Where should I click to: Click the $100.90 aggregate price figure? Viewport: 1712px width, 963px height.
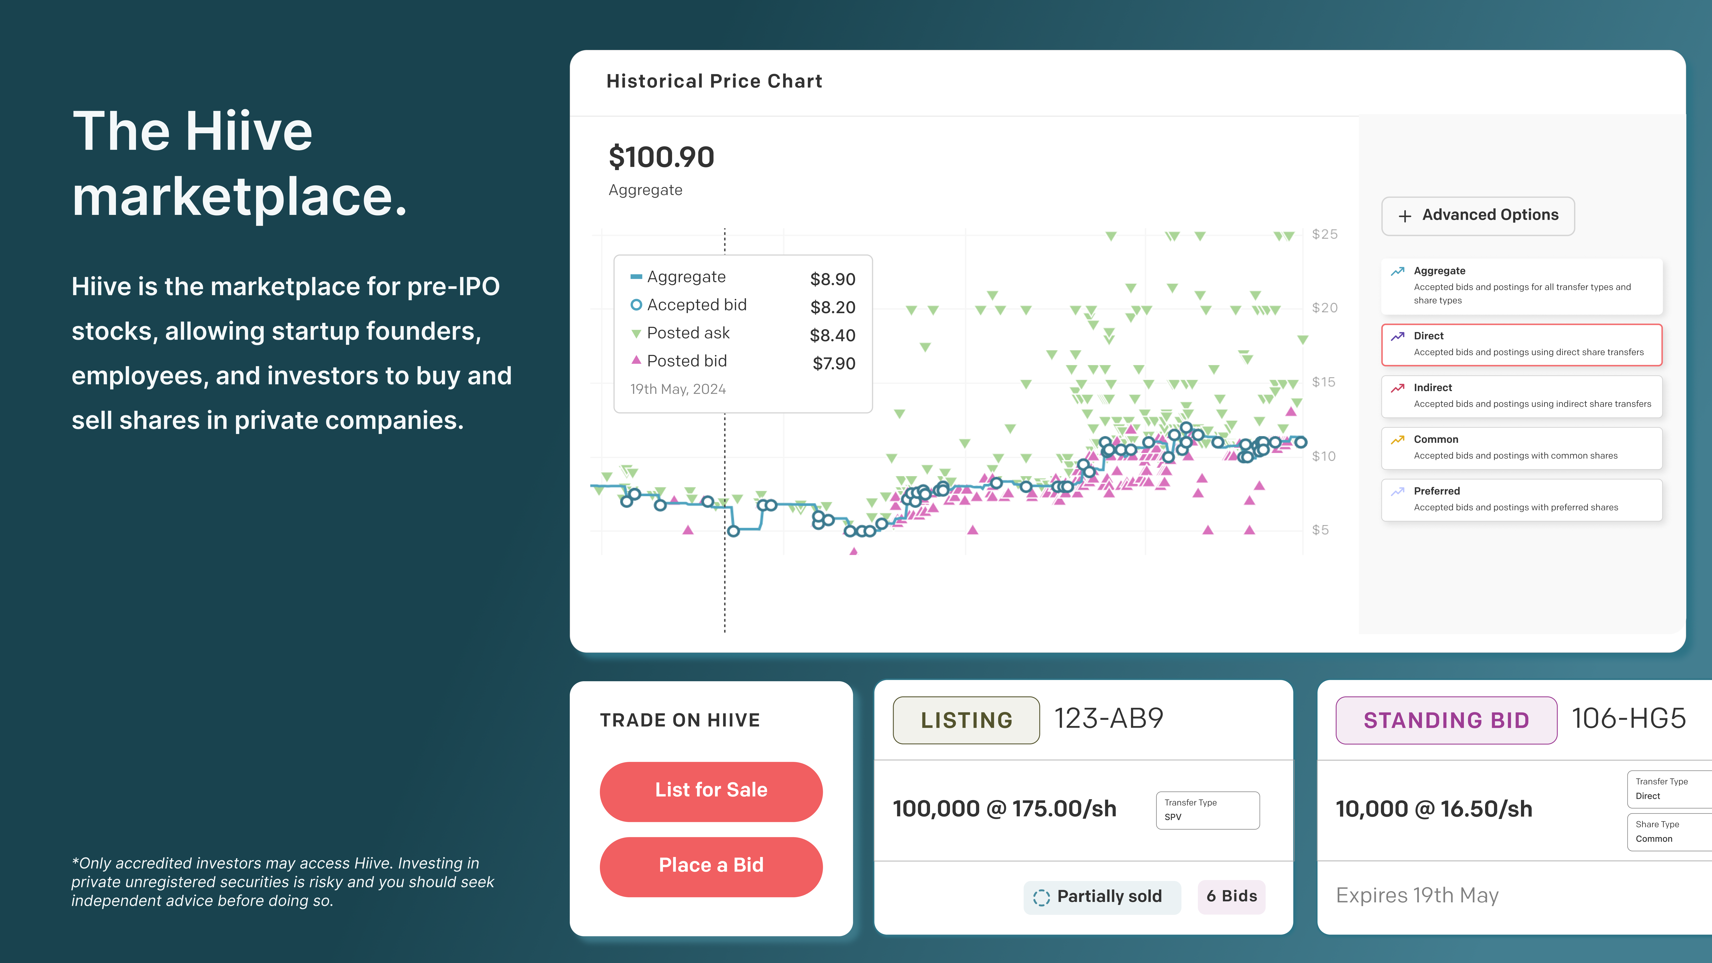point(661,158)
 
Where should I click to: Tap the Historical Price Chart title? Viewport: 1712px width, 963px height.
point(714,81)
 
